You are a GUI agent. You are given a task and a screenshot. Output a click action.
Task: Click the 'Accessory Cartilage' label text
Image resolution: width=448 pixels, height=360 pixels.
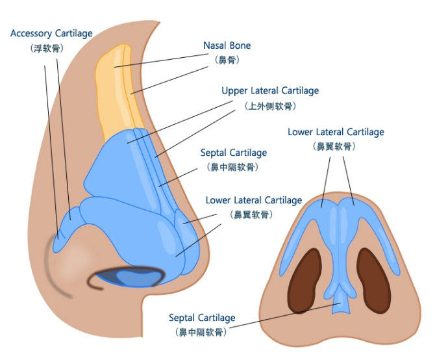tap(51, 33)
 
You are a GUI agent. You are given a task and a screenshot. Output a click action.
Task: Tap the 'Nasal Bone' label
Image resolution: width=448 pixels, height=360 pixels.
tap(227, 46)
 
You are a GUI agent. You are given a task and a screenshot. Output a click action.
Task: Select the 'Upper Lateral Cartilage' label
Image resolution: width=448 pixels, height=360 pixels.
tap(270, 91)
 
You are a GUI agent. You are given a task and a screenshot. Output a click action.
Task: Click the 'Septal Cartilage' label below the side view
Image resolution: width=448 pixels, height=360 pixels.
tap(202, 318)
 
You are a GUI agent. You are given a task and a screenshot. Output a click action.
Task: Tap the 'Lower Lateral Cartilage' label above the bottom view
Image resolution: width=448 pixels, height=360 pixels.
tap(336, 133)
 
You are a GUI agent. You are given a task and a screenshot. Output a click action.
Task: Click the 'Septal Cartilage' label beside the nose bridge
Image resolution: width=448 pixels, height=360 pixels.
tap(233, 153)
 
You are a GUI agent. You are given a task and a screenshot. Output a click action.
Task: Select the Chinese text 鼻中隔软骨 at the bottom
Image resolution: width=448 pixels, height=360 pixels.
tap(202, 332)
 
